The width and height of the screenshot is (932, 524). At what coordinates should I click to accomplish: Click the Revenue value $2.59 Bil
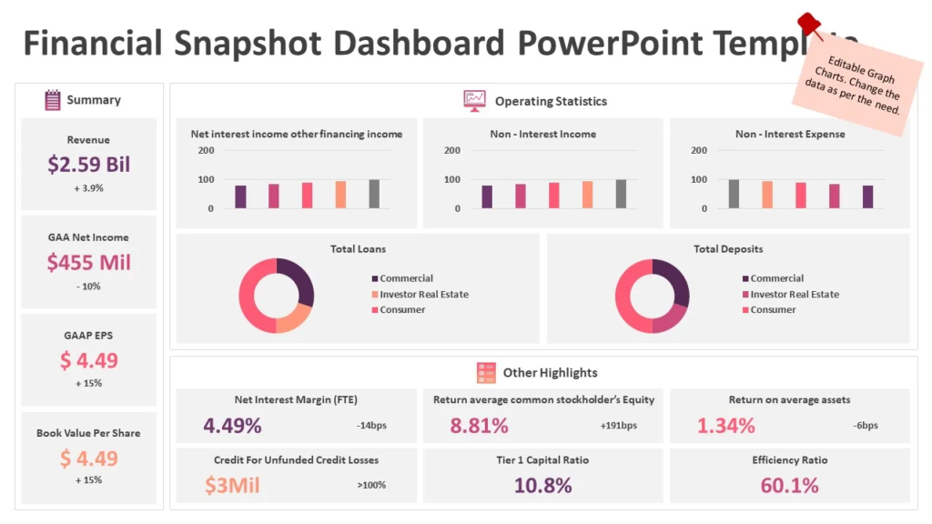(89, 165)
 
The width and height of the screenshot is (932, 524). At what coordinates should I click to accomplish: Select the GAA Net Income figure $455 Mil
(89, 263)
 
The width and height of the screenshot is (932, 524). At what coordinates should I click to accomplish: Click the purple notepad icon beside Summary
(53, 100)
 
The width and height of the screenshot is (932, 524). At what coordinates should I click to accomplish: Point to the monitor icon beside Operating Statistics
(474, 101)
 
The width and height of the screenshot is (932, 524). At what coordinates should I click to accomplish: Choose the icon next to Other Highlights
(486, 372)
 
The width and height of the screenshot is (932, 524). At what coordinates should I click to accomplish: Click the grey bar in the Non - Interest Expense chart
(734, 194)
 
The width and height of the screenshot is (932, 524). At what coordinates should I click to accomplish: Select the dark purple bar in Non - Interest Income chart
(487, 196)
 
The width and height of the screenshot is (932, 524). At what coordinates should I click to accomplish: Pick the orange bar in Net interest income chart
(340, 195)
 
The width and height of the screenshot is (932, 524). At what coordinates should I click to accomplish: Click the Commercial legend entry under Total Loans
(406, 278)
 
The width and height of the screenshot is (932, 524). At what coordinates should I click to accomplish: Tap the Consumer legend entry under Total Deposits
(773, 310)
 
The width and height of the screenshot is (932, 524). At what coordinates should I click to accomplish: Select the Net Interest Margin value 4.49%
(232, 425)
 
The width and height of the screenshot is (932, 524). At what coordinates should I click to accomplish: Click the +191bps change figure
(619, 426)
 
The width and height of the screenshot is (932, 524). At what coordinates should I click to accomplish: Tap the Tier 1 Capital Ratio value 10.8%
(543, 485)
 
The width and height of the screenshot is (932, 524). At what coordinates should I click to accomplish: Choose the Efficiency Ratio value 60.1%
(790, 485)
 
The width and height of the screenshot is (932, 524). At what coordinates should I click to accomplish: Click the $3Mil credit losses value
(232, 485)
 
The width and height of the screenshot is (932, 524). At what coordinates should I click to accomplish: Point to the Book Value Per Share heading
(89, 433)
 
